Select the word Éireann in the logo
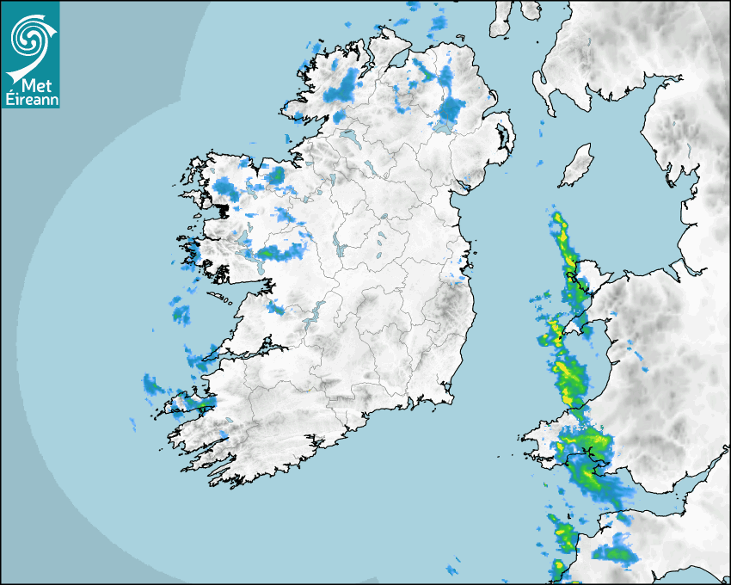click(30, 99)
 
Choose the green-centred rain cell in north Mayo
click(277, 175)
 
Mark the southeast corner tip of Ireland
click(450, 398)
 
